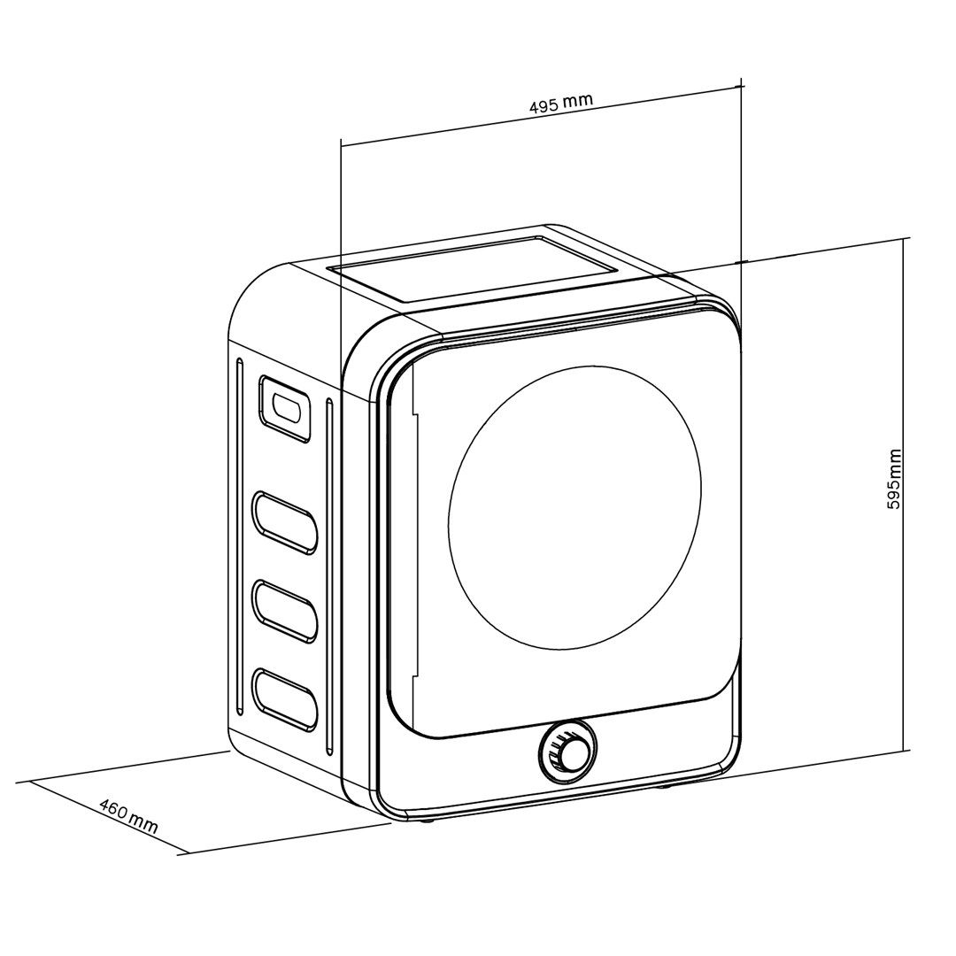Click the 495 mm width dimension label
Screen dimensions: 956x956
560,102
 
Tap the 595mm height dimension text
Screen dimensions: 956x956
894,479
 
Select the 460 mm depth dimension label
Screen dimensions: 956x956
128,817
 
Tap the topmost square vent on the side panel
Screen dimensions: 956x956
284,407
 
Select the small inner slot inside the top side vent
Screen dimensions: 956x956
287,408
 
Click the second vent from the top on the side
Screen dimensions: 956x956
284,521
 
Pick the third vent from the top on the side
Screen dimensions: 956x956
284,610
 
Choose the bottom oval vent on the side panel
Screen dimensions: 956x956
284,698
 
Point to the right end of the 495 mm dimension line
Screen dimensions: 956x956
740,87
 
